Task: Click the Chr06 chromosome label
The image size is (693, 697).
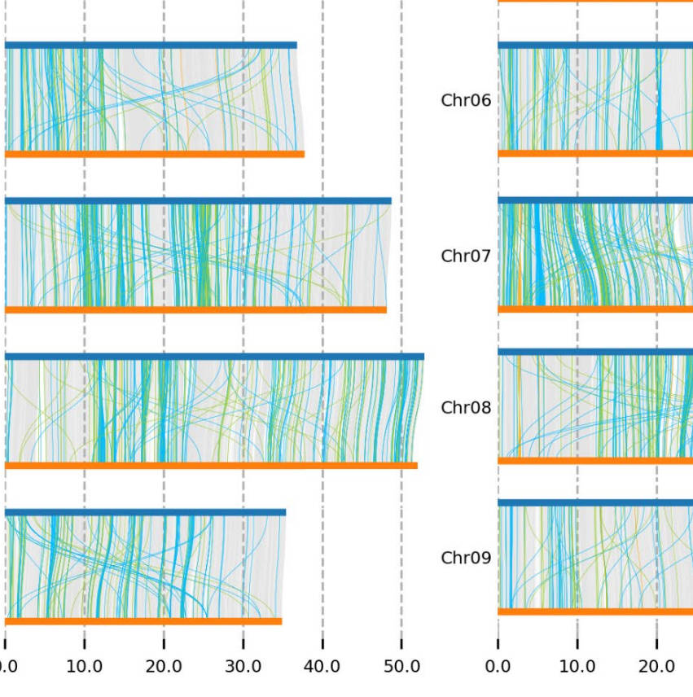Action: click(466, 101)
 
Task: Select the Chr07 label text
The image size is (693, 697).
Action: click(466, 256)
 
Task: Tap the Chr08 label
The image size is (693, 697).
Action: click(466, 407)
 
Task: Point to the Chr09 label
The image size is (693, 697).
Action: click(466, 558)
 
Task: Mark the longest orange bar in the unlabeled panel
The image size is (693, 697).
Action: click(211, 466)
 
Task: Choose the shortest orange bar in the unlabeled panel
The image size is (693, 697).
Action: click(143, 621)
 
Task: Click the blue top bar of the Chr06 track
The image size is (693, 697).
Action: click(594, 45)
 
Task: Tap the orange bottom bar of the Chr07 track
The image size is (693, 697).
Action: click(594, 309)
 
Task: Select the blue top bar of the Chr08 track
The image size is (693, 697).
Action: click(594, 352)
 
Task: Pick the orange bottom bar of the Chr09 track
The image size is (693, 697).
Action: click(594, 612)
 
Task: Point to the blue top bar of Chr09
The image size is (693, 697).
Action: click(594, 503)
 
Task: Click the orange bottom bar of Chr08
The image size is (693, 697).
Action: click(594, 461)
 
